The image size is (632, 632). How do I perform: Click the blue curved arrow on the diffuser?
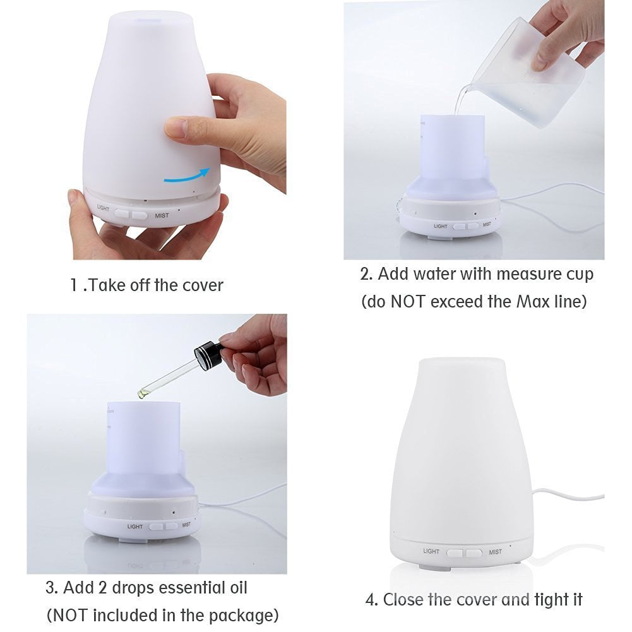(x=187, y=176)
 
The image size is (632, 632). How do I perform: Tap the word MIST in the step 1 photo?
(x=161, y=215)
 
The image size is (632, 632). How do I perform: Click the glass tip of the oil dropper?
(x=145, y=393)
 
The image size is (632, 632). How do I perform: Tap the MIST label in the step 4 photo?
(x=495, y=552)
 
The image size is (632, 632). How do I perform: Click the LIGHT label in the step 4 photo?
(x=431, y=551)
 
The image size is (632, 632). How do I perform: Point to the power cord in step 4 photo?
(x=568, y=497)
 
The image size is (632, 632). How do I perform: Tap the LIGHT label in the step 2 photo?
(x=440, y=226)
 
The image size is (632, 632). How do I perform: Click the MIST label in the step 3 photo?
(x=186, y=525)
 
